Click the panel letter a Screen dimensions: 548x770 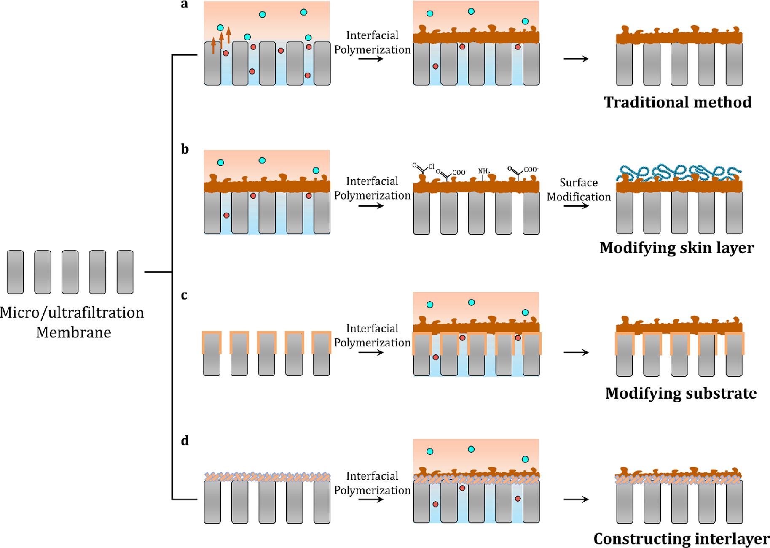(x=184, y=5)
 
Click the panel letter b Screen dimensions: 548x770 (x=185, y=149)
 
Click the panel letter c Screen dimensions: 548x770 (x=184, y=295)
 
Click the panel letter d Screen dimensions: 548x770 (x=185, y=441)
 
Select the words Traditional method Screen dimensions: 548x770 (x=678, y=103)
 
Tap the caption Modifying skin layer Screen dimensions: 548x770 (x=676, y=248)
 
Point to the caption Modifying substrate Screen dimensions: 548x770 (x=681, y=393)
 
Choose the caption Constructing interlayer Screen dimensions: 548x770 (x=681, y=539)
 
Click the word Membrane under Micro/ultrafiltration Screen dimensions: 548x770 (x=73, y=332)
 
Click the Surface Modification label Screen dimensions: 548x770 (x=579, y=189)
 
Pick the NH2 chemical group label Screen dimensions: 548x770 (x=484, y=171)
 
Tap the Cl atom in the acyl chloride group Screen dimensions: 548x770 (x=431, y=167)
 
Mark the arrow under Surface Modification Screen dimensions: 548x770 (x=576, y=206)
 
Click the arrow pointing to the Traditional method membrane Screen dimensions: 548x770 (x=576, y=59)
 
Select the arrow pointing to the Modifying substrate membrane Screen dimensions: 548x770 (x=576, y=352)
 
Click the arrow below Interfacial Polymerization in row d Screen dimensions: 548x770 (x=371, y=499)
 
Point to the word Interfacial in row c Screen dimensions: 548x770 (x=372, y=328)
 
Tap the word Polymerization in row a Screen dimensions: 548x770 (x=372, y=50)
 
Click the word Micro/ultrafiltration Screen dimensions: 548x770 (x=72, y=313)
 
